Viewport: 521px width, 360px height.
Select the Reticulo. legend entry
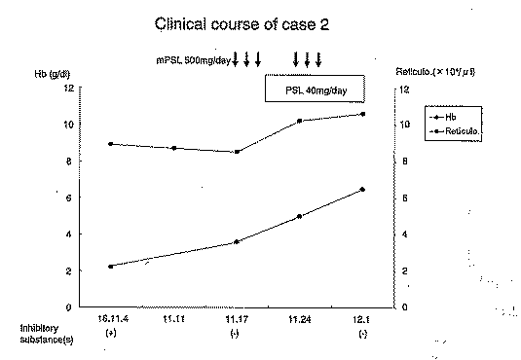(x=462, y=128)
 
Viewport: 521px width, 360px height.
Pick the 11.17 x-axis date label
(x=237, y=318)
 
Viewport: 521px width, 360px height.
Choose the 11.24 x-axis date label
(x=299, y=318)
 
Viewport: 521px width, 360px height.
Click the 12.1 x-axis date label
(x=362, y=318)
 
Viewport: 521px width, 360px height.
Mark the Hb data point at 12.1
(x=362, y=189)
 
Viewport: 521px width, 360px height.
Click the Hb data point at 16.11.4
(x=111, y=266)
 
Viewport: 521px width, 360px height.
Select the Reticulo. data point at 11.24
(x=299, y=121)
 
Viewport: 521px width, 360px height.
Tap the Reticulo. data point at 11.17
(x=237, y=152)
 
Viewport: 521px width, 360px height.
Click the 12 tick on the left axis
(x=69, y=88)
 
